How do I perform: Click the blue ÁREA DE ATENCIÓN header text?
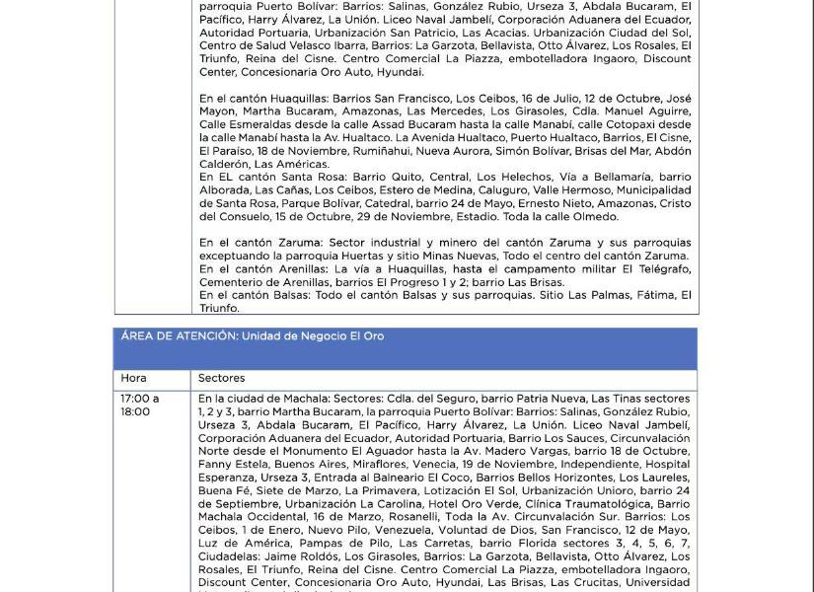click(252, 336)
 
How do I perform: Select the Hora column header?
click(133, 378)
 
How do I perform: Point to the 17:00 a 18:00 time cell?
click(140, 405)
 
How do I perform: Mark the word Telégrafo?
click(659, 268)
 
